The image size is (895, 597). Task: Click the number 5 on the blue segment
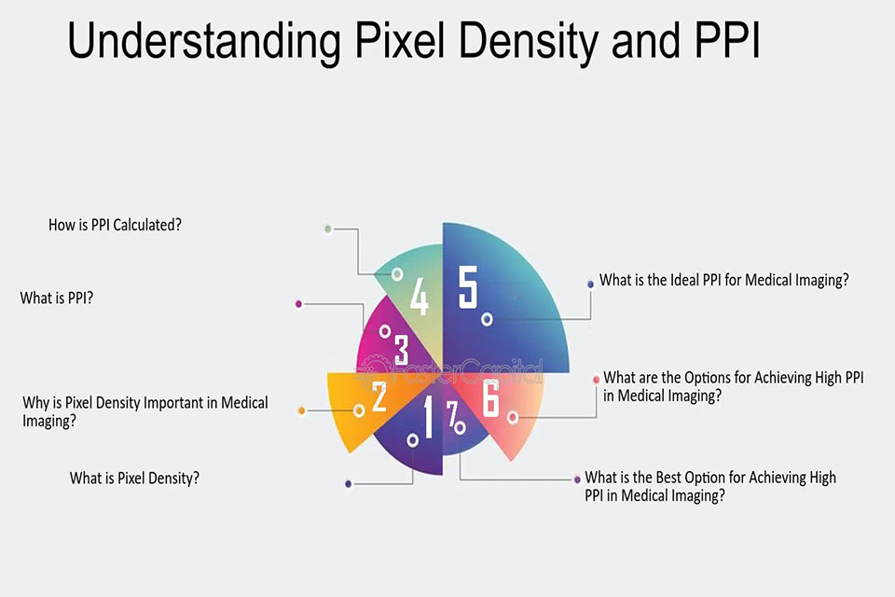point(467,287)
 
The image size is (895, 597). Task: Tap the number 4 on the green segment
point(419,297)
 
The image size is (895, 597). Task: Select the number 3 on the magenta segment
point(401,350)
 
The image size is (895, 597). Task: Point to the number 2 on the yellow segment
point(379,396)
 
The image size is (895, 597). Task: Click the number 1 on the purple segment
point(428,418)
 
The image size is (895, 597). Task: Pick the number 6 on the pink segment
point(491,397)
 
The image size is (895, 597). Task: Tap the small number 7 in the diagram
point(453,413)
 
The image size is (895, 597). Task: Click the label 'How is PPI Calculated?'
point(115,225)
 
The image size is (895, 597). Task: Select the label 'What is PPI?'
point(57,298)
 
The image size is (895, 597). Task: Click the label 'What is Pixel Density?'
point(134,479)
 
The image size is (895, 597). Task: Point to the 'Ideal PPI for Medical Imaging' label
point(723,280)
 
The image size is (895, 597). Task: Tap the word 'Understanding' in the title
point(204,41)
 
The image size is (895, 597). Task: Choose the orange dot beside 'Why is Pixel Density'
point(301,410)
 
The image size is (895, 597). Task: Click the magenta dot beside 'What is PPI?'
point(298,304)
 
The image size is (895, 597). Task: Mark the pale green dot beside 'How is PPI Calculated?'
point(327,229)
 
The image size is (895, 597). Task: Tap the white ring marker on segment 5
point(487,319)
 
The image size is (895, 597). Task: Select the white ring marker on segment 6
point(513,418)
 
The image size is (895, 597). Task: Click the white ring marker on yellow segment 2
point(359,410)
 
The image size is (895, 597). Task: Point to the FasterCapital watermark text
point(451,372)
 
